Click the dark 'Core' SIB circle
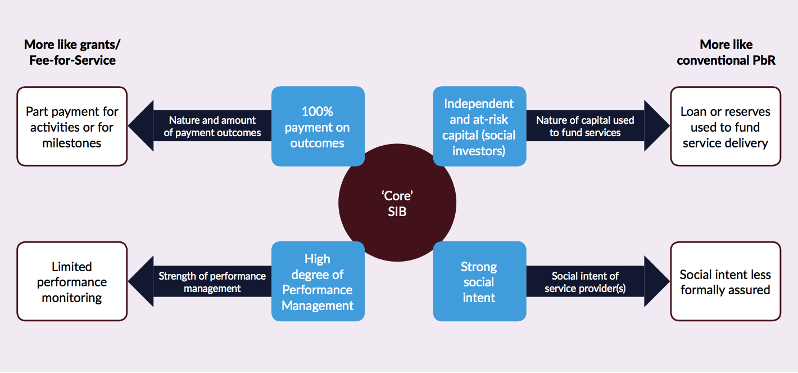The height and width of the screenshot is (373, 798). [397, 203]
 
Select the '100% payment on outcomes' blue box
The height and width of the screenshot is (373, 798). [318, 127]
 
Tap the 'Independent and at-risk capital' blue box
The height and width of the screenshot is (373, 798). [479, 127]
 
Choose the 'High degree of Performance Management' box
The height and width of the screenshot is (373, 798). [318, 282]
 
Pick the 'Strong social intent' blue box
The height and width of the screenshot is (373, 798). [479, 282]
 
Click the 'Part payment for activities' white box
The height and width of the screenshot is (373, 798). [72, 127]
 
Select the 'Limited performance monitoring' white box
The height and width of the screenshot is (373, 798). [72, 282]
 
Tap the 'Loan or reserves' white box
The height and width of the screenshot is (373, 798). [726, 127]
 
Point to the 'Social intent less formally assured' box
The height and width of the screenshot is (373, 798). [726, 282]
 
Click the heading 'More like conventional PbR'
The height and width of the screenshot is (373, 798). [726, 52]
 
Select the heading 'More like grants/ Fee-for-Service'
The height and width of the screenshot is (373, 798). [72, 52]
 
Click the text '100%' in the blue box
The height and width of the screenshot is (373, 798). [318, 111]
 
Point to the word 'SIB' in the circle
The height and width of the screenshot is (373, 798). [397, 212]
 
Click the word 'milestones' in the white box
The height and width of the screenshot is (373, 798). [72, 143]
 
